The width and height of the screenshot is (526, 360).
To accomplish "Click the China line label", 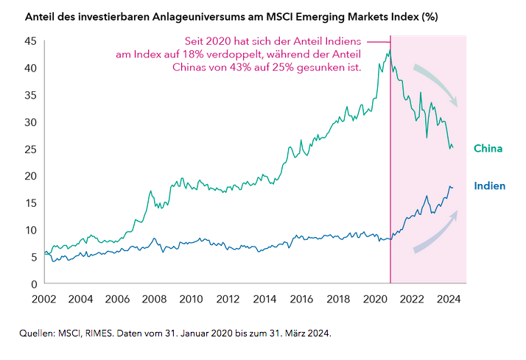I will [488, 149].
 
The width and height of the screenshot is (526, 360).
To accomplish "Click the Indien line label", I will [489, 186].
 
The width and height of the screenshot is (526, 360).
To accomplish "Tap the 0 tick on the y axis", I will [32, 283].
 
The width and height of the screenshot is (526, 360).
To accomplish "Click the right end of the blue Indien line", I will [452, 187].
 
